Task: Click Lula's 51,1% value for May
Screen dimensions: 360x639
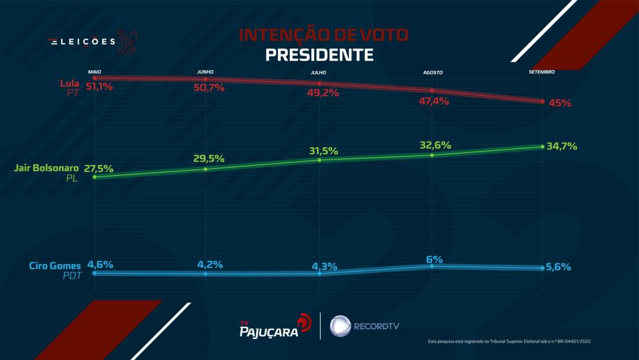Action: point(99,86)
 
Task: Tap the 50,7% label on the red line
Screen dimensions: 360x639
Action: point(209,88)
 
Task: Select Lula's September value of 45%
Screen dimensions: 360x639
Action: point(560,102)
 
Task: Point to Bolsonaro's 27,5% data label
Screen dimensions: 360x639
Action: point(99,169)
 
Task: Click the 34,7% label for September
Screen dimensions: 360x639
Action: point(563,146)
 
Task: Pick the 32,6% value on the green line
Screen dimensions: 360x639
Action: point(435,145)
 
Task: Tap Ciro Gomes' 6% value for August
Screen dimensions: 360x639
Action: point(435,259)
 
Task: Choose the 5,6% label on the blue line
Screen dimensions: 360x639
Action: point(558,267)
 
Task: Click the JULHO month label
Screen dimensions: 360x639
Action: point(318,73)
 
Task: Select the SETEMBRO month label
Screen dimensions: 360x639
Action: point(541,72)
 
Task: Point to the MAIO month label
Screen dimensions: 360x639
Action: point(95,72)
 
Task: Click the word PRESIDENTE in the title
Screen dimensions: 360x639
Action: point(319,55)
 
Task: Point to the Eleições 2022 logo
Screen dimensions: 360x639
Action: point(93,42)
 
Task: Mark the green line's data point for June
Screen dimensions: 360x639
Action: point(206,169)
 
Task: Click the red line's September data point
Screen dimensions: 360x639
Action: point(542,102)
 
